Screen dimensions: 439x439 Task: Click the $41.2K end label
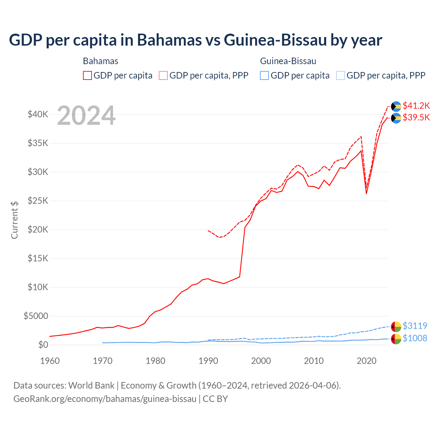(x=416, y=106)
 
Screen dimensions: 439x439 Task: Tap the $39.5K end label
(x=416, y=118)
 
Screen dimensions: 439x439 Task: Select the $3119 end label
(x=415, y=326)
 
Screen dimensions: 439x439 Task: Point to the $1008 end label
(x=415, y=338)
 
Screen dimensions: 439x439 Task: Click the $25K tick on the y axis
(x=38, y=201)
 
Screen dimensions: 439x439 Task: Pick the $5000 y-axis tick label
(x=36, y=316)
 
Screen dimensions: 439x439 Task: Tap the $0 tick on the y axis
(x=43, y=345)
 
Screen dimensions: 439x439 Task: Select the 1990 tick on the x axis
(x=208, y=361)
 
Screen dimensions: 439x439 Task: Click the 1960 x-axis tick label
(x=50, y=361)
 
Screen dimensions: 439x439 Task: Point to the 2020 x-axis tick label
(x=367, y=361)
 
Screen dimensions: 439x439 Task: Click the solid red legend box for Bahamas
(x=87, y=75)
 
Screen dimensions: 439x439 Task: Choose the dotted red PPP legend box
(x=163, y=75)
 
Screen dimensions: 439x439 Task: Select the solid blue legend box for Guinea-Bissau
(x=264, y=75)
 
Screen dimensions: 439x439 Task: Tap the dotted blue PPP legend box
(x=340, y=75)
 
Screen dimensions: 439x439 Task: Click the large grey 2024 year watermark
(x=86, y=116)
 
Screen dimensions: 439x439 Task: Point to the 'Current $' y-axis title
(x=14, y=220)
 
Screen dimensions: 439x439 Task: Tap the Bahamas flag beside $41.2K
(x=396, y=106)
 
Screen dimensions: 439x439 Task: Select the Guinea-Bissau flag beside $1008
(x=396, y=339)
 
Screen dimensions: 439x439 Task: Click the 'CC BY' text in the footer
(x=215, y=399)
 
